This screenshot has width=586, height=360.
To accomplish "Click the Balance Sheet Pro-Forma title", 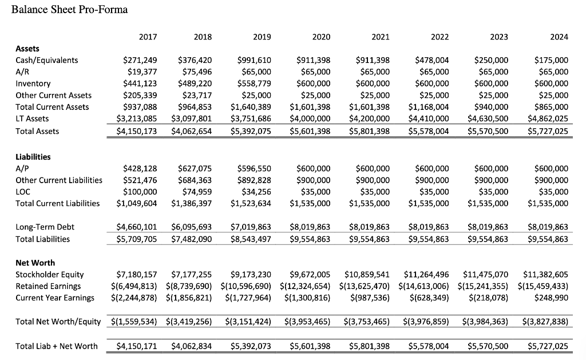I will tap(69, 10).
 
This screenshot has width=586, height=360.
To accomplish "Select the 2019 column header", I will tap(262, 37).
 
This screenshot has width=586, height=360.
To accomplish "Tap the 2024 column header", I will tap(559, 37).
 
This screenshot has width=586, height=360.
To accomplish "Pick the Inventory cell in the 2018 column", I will tap(195, 84).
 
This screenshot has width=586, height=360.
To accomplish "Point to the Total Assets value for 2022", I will tap(429, 131).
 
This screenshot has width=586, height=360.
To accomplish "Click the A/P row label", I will tap(23, 168).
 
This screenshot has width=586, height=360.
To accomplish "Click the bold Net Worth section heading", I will tap(35, 263).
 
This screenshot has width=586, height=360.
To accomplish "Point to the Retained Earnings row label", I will tap(48, 286).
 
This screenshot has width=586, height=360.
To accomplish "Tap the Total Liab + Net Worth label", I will tap(57, 346).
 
